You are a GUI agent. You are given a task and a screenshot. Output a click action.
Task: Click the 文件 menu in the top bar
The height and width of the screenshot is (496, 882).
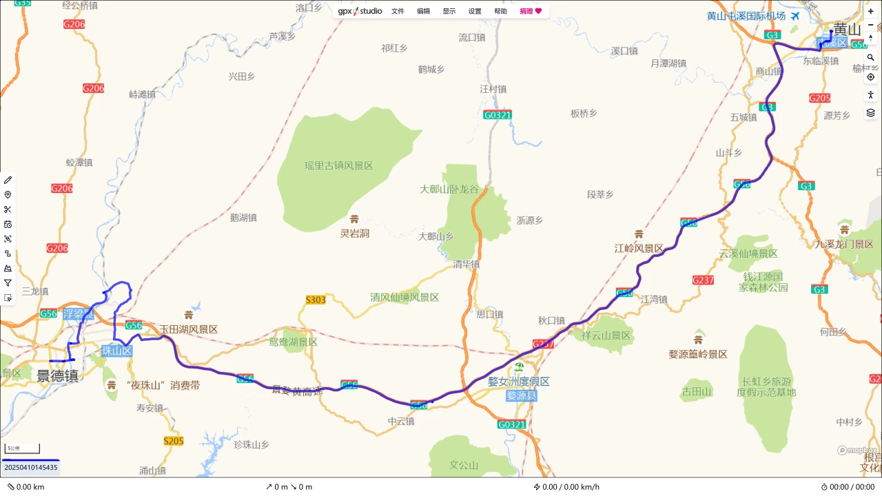[398, 11]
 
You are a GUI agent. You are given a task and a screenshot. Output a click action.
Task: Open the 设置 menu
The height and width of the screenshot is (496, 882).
[475, 11]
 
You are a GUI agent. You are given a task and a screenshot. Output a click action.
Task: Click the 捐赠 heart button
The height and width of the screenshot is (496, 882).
[531, 11]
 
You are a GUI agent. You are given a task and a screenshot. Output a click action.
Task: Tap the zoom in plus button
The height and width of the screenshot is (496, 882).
[870, 12]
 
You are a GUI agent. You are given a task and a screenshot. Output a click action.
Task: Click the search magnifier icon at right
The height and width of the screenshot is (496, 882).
[870, 58]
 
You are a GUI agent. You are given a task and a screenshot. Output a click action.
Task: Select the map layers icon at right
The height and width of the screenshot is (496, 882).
[870, 112]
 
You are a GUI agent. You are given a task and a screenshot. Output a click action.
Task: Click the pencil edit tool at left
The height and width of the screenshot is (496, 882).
[8, 180]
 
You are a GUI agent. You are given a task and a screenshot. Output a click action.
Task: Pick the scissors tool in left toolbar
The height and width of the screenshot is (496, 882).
[8, 209]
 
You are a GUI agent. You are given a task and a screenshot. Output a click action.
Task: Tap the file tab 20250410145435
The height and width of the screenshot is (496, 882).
[31, 467]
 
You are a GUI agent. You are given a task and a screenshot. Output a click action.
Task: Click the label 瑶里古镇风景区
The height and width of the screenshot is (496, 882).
[339, 165]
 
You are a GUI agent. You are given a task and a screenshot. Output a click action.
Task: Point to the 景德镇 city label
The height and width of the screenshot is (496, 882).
[57, 376]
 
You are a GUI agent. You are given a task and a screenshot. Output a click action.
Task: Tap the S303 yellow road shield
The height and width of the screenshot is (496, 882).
[316, 300]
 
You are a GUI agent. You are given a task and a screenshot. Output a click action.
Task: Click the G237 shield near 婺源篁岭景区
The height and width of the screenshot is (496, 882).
[703, 280]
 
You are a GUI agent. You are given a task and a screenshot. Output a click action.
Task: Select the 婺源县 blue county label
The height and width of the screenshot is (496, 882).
[521, 395]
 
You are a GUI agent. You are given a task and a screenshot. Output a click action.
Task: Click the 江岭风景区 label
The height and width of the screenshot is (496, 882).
[639, 248]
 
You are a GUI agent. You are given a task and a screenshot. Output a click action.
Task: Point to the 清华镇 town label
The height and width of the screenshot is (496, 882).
[466, 264]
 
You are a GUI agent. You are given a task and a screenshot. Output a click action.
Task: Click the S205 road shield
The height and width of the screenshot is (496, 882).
[174, 441]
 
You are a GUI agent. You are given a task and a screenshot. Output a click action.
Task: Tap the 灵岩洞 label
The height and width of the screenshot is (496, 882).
[355, 234]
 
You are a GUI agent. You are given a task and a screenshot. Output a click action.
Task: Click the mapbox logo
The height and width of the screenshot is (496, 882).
[857, 450]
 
